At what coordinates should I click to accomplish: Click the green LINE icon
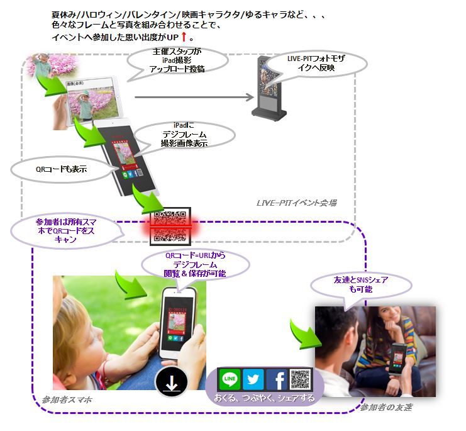tap(230, 380)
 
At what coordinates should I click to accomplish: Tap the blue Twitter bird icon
tap(253, 380)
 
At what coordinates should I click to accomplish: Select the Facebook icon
tap(277, 380)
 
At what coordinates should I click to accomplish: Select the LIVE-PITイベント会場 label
tap(296, 203)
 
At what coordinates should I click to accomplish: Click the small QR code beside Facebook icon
tap(301, 380)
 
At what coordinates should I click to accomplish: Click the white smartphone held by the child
tap(177, 323)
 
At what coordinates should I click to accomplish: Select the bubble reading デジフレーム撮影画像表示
tap(185, 135)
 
